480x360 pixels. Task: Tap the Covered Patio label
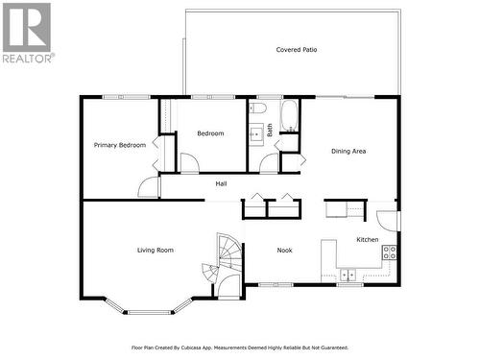pos(297,49)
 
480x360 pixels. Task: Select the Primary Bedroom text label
pos(120,145)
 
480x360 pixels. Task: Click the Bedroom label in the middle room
pos(210,133)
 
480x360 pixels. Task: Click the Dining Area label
pos(348,151)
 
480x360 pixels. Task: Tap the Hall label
pos(221,183)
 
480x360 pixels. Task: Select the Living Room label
pos(155,250)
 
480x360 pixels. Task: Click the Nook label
pos(284,251)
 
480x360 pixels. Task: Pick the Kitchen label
pos(368,239)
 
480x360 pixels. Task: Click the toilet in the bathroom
pos(257,110)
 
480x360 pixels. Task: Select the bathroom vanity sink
pos(256,133)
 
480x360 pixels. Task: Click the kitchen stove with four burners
pos(390,252)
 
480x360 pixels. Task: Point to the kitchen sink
pos(349,275)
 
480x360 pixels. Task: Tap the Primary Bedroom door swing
pos(149,187)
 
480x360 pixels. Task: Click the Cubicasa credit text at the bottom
pos(239,348)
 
